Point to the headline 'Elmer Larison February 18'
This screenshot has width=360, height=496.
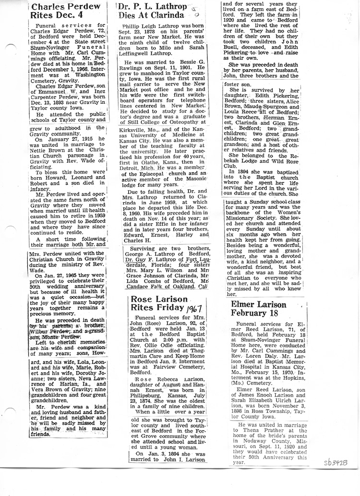258,310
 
